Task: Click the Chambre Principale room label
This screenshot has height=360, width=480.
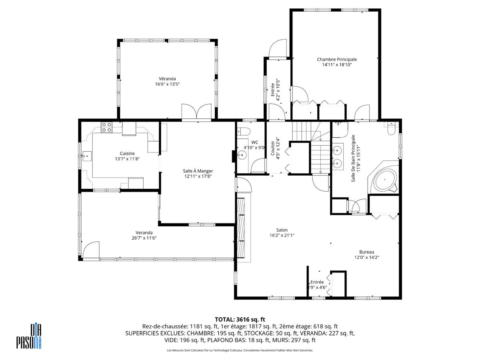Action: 337,59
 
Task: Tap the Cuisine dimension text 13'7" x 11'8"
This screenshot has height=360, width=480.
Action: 127,159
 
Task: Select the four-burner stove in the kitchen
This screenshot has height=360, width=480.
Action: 106,127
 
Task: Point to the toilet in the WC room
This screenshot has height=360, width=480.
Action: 244,132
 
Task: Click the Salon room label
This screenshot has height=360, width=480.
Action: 282,230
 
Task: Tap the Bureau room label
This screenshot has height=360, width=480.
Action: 366,252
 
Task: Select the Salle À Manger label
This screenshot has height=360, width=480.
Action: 198,171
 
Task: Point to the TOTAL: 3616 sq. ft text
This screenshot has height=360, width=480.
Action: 240,319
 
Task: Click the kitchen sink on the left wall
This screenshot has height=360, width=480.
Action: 87,156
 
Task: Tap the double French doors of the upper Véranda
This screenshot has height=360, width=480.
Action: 196,112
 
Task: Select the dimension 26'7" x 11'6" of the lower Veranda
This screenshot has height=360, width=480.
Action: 144,238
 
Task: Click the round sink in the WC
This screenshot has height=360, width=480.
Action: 242,155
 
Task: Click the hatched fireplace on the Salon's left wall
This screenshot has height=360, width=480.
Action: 241,227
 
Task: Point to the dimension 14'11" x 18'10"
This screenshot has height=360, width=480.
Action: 337,65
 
